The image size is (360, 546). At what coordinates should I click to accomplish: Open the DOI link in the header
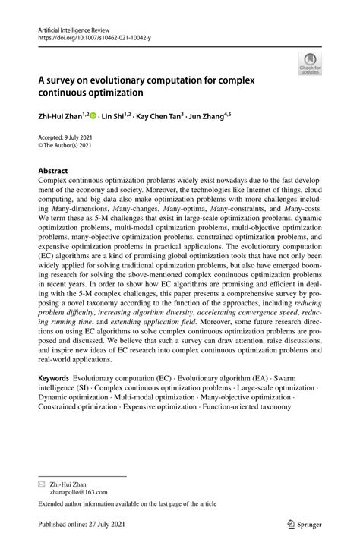point(89,36)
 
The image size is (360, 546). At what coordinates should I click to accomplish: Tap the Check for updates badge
point(310,65)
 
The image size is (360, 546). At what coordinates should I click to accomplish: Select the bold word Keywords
point(58,378)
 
